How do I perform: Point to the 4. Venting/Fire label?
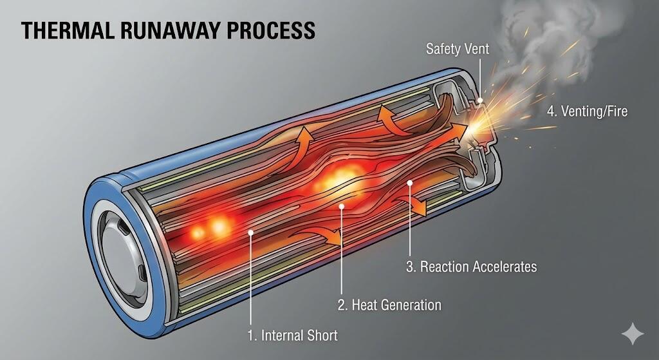pos(586,111)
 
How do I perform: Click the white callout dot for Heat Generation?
pos(342,207)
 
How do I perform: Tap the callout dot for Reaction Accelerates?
pos(410,184)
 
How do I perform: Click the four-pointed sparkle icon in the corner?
pos(632,334)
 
